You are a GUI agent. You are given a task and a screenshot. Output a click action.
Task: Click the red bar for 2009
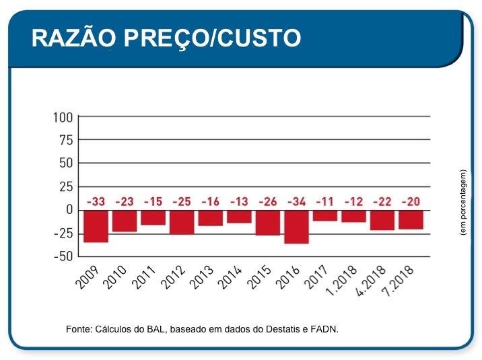(96, 226)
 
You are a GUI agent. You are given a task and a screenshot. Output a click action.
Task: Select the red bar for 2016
(296, 227)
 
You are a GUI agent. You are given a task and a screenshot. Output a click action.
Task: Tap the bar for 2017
(325, 215)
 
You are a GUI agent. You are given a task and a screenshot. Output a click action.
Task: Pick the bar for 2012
(182, 222)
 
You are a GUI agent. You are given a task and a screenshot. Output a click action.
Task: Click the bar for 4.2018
(382, 220)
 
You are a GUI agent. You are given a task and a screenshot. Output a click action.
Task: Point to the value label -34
(297, 202)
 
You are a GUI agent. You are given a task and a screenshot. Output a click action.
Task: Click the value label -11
(325, 202)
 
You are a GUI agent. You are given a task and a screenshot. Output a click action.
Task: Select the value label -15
(153, 202)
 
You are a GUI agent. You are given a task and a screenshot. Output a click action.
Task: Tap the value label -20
(411, 202)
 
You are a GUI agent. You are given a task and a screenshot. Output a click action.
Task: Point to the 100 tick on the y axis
(63, 118)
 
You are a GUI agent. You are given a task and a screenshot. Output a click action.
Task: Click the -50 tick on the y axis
(61, 256)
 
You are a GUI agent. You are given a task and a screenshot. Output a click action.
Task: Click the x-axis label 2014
(230, 277)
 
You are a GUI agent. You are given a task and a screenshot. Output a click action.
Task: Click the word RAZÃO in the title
(71, 38)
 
